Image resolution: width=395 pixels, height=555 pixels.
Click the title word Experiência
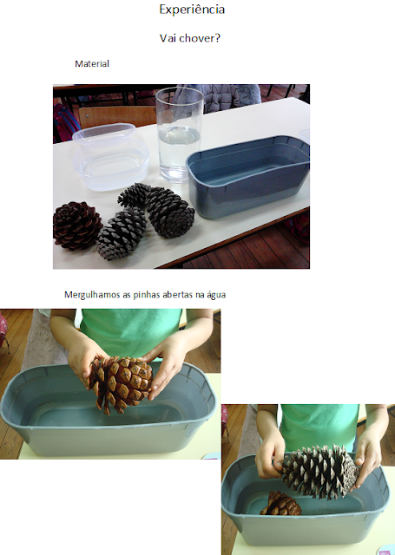click(192, 10)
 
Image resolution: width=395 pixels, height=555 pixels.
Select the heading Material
click(92, 63)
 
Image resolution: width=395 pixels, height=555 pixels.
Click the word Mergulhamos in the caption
click(92, 295)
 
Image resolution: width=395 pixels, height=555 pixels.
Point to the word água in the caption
click(216, 295)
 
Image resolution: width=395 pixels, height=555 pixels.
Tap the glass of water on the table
click(180, 134)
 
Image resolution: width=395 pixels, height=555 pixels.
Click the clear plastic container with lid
click(110, 158)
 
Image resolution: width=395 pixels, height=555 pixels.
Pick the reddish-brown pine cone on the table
click(78, 225)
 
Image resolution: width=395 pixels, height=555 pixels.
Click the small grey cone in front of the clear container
click(122, 233)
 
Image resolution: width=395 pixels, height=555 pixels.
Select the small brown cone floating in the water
click(281, 503)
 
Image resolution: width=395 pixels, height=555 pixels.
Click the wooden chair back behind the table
click(117, 117)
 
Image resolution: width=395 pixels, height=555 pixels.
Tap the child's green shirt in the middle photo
click(131, 331)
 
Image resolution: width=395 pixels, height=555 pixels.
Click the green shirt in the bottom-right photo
click(319, 427)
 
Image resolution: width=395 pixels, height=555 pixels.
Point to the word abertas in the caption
click(181, 295)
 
